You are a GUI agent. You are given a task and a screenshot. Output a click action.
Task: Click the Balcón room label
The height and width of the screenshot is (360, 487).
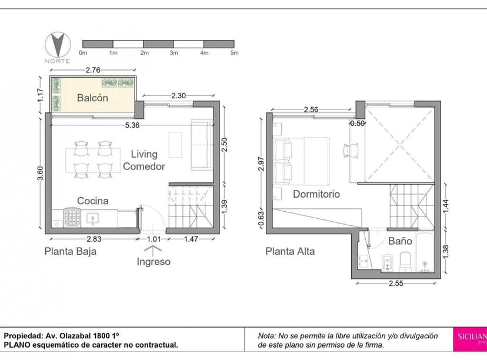pyautogui.click(x=92, y=98)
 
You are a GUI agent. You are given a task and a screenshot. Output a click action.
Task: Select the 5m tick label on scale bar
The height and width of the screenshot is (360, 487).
pyautogui.click(x=234, y=53)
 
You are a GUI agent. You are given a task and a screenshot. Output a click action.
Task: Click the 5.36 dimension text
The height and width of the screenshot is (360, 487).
pyautogui.click(x=132, y=125)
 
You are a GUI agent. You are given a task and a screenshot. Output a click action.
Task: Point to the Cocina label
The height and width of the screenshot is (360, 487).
pyautogui.click(x=93, y=201)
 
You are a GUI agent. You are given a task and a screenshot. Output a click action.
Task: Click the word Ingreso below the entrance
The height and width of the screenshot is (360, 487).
pyautogui.click(x=154, y=261)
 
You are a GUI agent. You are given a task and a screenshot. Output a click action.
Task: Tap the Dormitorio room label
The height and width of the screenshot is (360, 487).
pyautogui.click(x=316, y=194)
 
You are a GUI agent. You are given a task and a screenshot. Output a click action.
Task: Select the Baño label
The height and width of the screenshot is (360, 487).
pyautogui.click(x=400, y=241)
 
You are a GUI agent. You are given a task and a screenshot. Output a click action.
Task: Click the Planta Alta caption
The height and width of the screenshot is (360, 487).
pyautogui.click(x=290, y=251)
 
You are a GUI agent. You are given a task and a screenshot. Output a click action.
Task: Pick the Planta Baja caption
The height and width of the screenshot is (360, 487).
pyautogui.click(x=70, y=251)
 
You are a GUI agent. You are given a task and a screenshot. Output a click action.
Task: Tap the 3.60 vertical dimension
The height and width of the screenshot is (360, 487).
pyautogui.click(x=41, y=175)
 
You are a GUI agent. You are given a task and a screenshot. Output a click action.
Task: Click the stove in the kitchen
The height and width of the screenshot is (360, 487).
pyautogui.click(x=73, y=219)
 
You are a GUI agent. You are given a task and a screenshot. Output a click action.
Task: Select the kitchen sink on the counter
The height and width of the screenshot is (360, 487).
pyautogui.click(x=93, y=219)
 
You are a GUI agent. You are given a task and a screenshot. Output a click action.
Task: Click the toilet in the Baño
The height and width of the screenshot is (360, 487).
pyautogui.click(x=406, y=261)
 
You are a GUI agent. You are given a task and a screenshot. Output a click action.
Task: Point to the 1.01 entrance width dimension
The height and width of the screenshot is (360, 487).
pyautogui.click(x=154, y=239)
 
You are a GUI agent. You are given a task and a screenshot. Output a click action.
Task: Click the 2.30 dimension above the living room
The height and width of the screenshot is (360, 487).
pyautogui.click(x=179, y=95)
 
